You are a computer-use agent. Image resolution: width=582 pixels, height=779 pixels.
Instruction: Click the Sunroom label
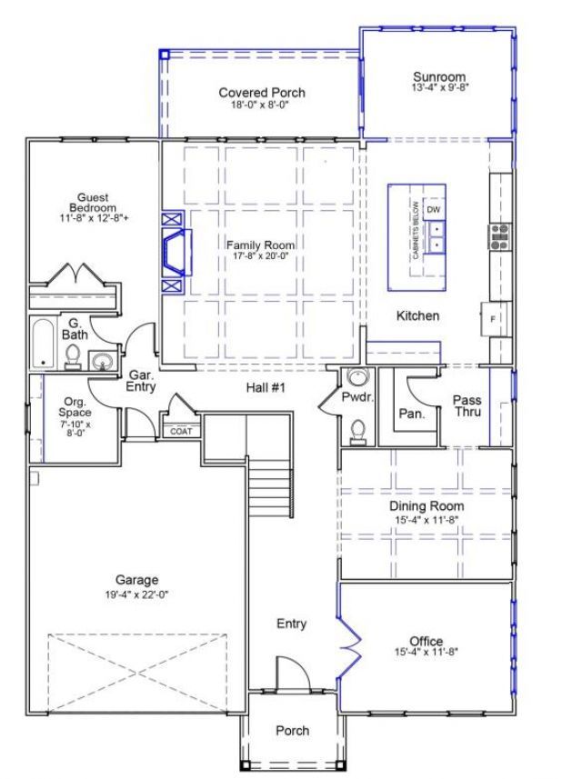pos(438,76)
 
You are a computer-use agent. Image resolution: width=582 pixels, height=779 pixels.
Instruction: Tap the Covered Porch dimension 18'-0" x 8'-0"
pos(262,105)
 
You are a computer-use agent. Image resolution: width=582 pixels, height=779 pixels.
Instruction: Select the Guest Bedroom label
pos(93,201)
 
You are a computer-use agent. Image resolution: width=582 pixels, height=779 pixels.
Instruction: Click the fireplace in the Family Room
pos(176,252)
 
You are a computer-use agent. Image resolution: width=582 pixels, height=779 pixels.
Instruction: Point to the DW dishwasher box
pos(434,210)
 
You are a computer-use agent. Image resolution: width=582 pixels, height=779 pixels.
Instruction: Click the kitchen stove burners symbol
pos(499,235)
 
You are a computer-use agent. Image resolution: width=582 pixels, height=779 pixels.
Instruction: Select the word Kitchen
pos(418,316)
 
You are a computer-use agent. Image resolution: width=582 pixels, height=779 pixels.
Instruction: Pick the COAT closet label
pos(181,431)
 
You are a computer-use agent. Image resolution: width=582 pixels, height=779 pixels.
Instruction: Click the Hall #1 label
pos(266,388)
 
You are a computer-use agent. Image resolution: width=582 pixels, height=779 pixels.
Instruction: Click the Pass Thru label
pos(467,405)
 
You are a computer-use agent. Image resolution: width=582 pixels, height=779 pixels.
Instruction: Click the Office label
pos(426,642)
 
